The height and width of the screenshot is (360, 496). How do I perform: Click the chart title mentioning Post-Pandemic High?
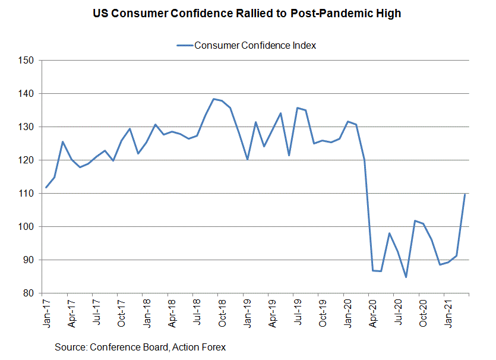[x=247, y=14]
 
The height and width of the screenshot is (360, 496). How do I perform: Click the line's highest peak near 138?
[x=213, y=99]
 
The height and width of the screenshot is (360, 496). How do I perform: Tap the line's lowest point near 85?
[x=406, y=277]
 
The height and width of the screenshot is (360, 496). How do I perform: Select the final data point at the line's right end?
[x=465, y=194]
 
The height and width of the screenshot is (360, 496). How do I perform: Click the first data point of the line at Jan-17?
[x=46, y=188]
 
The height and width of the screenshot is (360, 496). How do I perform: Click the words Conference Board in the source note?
[x=122, y=346]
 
